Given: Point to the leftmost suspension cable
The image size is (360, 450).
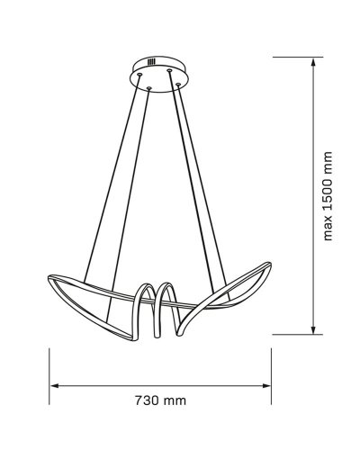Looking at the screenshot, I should point(113,180).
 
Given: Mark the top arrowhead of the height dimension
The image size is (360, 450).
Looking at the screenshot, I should point(311,60).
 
